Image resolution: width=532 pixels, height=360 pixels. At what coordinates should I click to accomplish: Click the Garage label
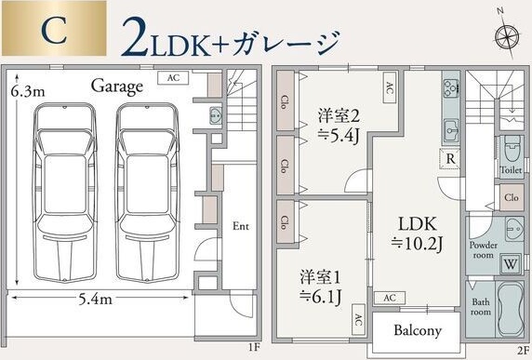click(x=117, y=87)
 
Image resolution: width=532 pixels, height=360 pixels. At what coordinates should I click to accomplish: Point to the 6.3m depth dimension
click(x=28, y=92)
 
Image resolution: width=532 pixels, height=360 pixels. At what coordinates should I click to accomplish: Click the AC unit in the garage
click(x=173, y=78)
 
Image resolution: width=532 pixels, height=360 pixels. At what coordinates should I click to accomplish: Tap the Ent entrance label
click(x=241, y=226)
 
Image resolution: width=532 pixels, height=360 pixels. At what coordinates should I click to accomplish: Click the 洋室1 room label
click(x=319, y=287)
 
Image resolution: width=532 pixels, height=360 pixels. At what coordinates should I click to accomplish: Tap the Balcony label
click(x=417, y=331)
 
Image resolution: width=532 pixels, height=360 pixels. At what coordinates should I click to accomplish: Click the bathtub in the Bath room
click(x=511, y=314)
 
